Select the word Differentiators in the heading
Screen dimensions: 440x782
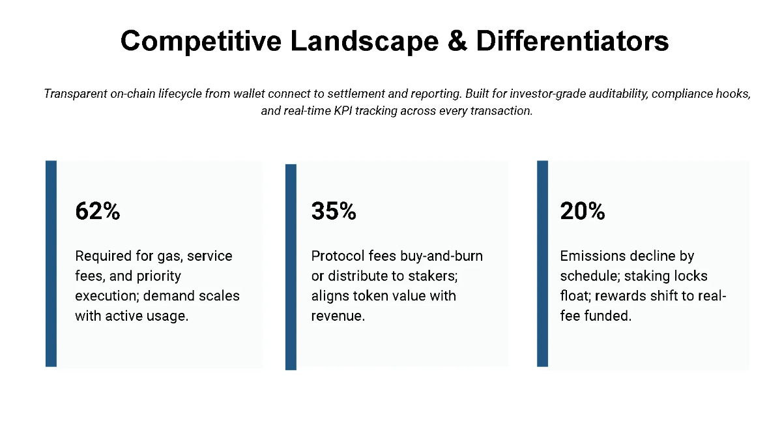[x=572, y=41]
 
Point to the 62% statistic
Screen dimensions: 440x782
[x=98, y=211]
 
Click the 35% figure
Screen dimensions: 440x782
[x=334, y=211]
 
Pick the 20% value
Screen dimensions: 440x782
[x=583, y=211]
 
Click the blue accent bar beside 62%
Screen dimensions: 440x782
[x=51, y=263]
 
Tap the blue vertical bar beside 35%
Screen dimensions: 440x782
[x=291, y=267]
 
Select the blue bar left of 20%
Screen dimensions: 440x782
[x=542, y=263]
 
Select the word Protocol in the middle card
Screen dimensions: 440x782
[x=338, y=256]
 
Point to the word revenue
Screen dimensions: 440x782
[x=337, y=316]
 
